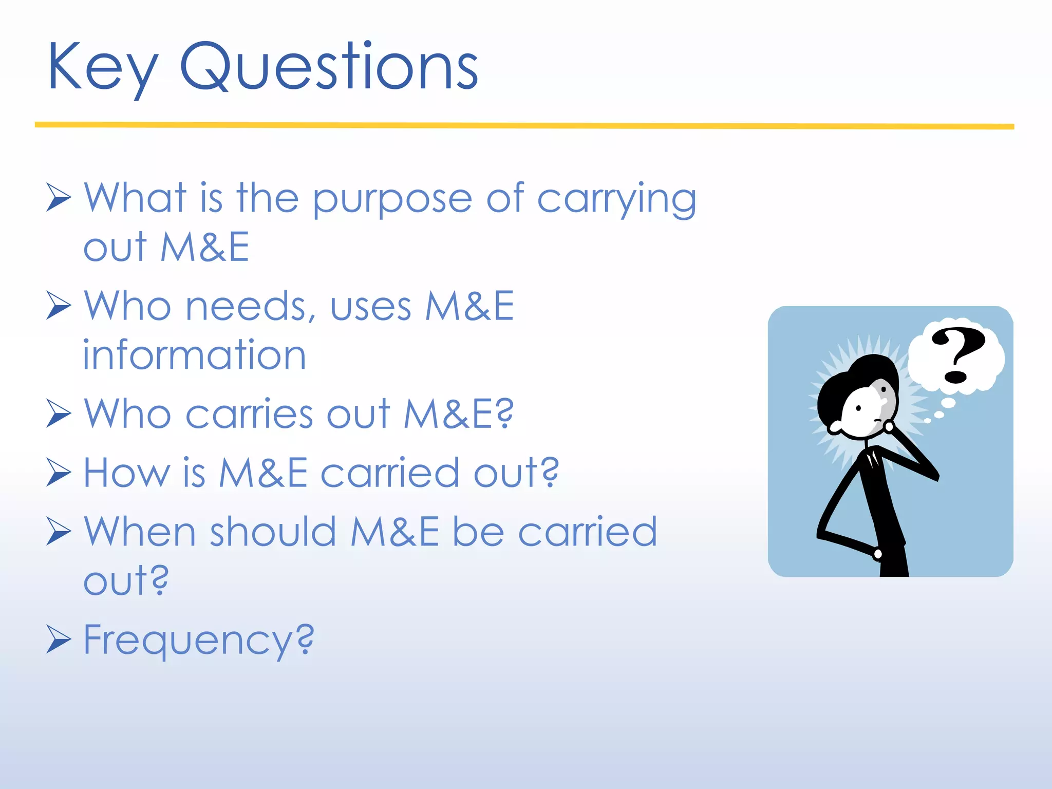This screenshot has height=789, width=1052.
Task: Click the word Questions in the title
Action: (329, 67)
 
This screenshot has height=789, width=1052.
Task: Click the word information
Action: (194, 355)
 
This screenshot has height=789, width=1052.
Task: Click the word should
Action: (273, 532)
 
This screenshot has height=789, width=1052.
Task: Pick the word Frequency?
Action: (198, 641)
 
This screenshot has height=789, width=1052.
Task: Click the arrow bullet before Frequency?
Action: (58, 639)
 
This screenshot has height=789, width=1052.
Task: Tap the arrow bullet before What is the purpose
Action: (58, 198)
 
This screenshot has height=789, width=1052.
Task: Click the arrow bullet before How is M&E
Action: (58, 472)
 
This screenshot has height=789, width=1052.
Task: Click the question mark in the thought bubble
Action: (957, 354)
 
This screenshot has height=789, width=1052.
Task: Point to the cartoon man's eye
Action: (858, 409)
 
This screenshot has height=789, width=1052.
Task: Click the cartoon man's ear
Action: (835, 427)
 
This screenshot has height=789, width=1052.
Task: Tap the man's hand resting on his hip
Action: (877, 554)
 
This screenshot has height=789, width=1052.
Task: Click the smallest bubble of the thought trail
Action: (928, 421)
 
